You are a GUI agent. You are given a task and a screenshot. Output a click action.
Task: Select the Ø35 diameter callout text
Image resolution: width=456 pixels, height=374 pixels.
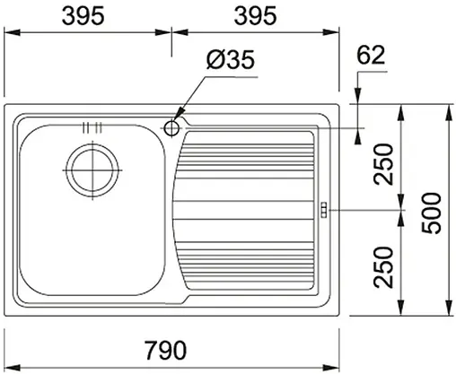pos(230,60)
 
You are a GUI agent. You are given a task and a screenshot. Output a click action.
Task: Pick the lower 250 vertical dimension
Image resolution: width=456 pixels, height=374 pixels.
pos(384,265)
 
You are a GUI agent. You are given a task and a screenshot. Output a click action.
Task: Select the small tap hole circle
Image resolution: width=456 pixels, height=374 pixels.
pos(172,127)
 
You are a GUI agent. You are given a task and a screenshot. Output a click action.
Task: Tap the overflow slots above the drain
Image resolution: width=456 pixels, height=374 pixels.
pos(92,127)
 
